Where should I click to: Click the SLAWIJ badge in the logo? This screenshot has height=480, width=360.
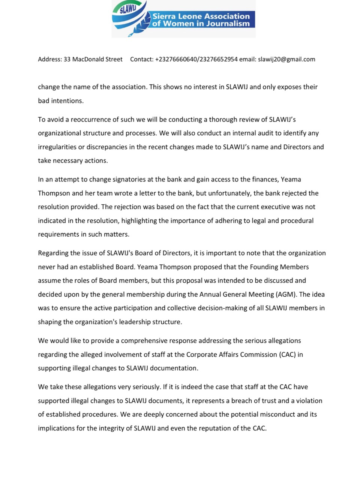pos(126,9)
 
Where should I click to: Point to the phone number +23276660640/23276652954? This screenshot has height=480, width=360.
pos(196,59)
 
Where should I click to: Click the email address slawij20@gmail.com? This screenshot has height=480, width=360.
pos(286,59)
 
